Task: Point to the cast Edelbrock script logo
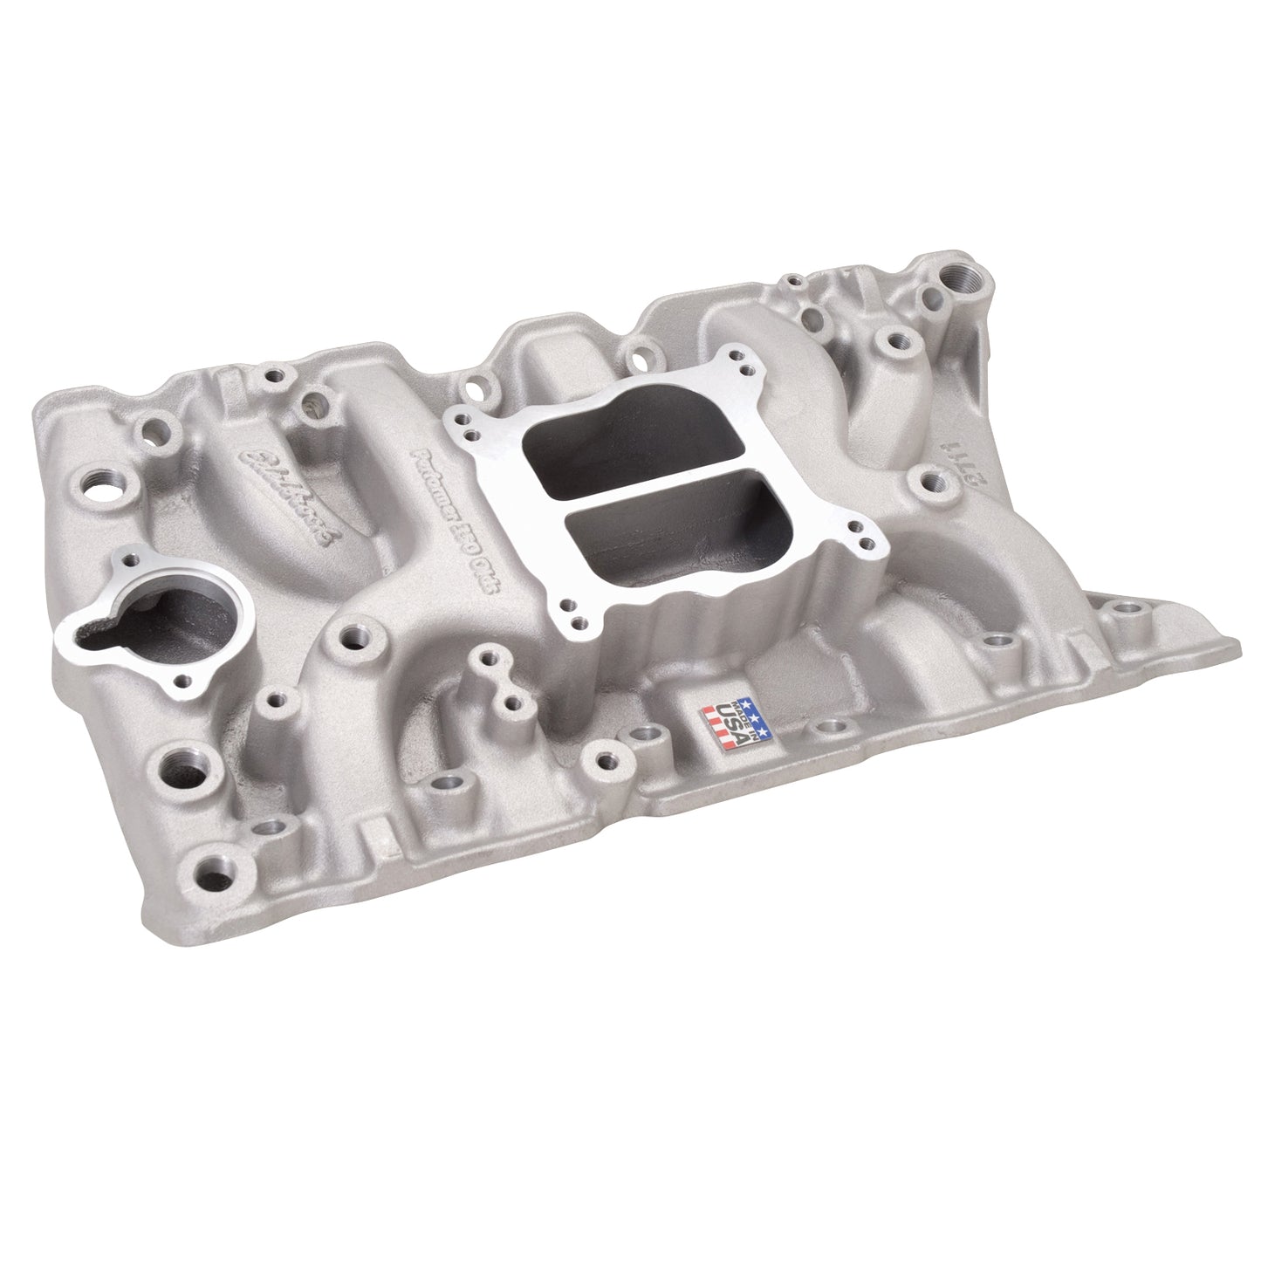(x=292, y=497)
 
